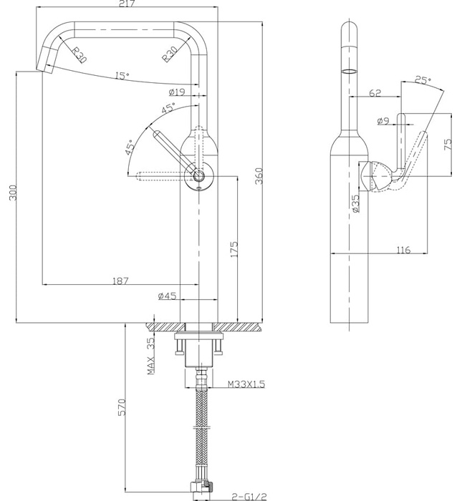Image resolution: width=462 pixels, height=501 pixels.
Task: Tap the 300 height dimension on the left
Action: point(11,193)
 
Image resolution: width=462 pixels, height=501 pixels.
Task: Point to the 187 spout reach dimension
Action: point(121,281)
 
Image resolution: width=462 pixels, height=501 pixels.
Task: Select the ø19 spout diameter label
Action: point(177,92)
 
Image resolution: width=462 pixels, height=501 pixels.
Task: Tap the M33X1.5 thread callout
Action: point(246,384)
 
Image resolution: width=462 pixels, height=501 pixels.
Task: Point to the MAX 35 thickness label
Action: point(151,356)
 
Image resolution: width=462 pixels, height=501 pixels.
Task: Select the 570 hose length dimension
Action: point(123,407)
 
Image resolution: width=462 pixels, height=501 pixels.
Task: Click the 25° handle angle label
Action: point(423,82)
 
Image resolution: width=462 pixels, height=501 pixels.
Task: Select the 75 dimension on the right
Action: point(448,143)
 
